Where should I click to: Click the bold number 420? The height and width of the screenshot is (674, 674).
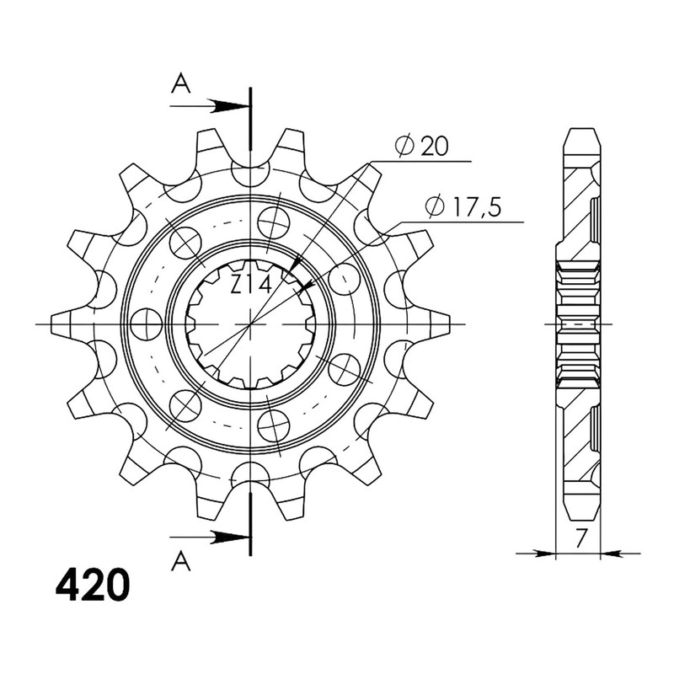[x=92, y=586]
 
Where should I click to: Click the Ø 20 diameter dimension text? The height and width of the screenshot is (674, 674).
[x=421, y=147]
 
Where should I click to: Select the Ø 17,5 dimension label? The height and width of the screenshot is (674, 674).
[x=463, y=206]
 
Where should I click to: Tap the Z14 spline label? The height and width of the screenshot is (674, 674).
[x=251, y=285]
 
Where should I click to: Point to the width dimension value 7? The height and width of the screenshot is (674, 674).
[x=580, y=538]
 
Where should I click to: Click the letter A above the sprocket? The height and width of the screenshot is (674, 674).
[x=180, y=83]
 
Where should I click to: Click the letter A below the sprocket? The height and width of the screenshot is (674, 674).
[x=180, y=561]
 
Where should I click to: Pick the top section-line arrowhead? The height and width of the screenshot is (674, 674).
[x=228, y=106]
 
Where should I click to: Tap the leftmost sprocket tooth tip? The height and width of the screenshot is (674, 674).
[x=51, y=324]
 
